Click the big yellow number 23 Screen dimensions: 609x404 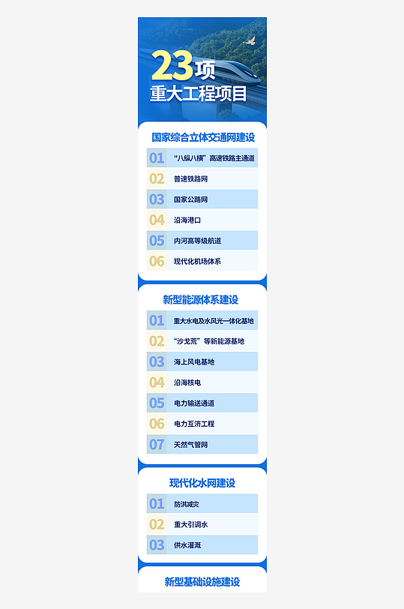click(172, 67)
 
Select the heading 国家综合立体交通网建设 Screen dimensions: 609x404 click(203, 138)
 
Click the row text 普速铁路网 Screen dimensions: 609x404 click(190, 178)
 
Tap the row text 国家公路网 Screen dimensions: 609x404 click(190, 199)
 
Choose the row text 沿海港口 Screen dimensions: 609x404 click(187, 220)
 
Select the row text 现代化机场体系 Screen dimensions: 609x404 click(197, 262)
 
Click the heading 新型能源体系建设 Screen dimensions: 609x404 click(201, 300)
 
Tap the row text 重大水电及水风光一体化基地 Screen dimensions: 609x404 click(214, 321)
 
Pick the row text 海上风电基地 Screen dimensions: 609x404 click(194, 362)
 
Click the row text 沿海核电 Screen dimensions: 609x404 click(187, 382)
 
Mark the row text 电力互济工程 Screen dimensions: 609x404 click(194, 424)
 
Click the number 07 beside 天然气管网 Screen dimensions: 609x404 click(157, 445)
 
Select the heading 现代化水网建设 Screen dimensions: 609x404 click(202, 483)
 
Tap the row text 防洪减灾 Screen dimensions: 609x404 click(187, 504)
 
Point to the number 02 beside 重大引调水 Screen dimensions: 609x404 click(157, 524)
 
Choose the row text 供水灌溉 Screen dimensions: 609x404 click(187, 545)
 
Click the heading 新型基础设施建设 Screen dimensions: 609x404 click(202, 582)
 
